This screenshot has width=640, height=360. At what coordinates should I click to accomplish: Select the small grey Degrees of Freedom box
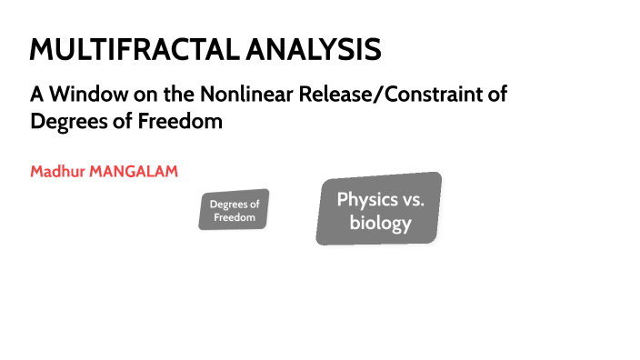click(x=234, y=211)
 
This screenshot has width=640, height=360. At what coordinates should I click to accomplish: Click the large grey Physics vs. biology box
click(x=380, y=209)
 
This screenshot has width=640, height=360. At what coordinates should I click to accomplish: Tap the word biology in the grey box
click(x=380, y=223)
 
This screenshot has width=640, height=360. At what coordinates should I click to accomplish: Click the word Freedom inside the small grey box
click(x=234, y=218)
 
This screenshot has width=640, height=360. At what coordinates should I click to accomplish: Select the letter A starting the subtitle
click(x=36, y=94)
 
